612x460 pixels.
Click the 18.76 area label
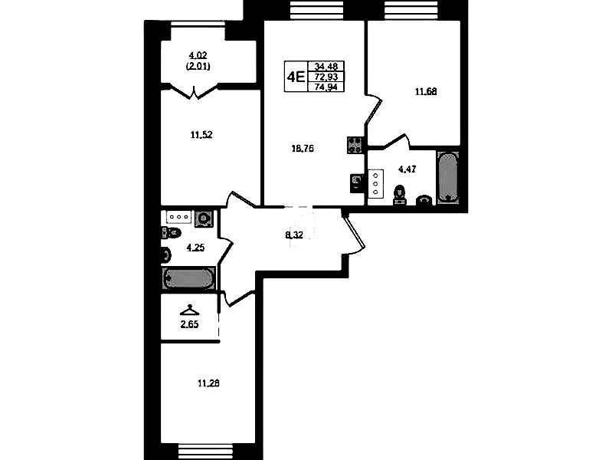(x=303, y=149)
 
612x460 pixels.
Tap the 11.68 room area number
(x=426, y=92)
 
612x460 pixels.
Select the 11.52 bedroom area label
(x=201, y=135)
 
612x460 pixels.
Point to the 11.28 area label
(x=208, y=383)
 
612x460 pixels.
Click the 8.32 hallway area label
(x=294, y=235)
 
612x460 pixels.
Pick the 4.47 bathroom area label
(x=407, y=169)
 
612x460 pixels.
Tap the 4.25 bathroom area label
(x=195, y=248)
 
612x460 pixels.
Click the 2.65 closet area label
(x=189, y=324)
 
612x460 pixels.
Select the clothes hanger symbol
(x=189, y=310)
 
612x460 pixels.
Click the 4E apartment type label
(x=296, y=77)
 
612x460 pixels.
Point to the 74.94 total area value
(x=326, y=87)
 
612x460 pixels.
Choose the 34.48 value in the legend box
(x=326, y=66)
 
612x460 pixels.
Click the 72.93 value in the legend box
(x=326, y=77)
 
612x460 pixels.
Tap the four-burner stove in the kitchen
(x=355, y=145)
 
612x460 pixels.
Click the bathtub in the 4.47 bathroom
(x=448, y=176)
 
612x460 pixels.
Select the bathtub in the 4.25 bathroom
(x=188, y=278)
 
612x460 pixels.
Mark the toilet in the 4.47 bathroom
(x=399, y=195)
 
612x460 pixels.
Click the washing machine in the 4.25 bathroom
(x=205, y=219)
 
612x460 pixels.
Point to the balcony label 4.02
(x=198, y=55)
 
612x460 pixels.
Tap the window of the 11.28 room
(x=205, y=452)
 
